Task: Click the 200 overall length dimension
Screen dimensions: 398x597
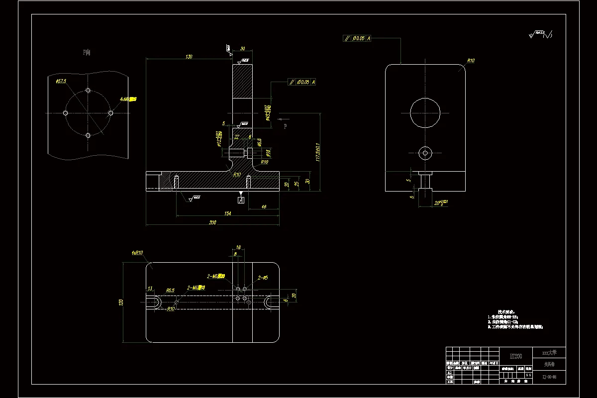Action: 212,223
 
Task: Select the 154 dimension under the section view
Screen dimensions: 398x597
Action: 227,213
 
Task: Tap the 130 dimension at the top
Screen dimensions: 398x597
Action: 189,57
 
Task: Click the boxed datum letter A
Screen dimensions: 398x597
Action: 241,200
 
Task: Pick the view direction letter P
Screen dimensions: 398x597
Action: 285,126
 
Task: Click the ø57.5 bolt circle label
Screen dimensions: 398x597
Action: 61,81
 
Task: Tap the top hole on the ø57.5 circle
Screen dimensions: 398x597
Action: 88,91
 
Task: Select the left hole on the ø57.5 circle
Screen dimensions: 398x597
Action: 65,113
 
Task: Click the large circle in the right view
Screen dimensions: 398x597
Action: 425,112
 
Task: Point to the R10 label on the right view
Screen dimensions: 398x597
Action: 470,61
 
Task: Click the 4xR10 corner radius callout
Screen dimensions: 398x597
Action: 137,253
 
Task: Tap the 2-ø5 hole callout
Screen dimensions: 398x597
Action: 263,278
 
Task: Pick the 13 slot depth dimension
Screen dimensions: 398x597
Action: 150,289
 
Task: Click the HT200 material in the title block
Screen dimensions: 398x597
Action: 515,356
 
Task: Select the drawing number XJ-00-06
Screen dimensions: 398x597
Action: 549,378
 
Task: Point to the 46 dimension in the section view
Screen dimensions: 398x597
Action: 263,206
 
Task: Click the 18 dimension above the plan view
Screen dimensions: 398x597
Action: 238,247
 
